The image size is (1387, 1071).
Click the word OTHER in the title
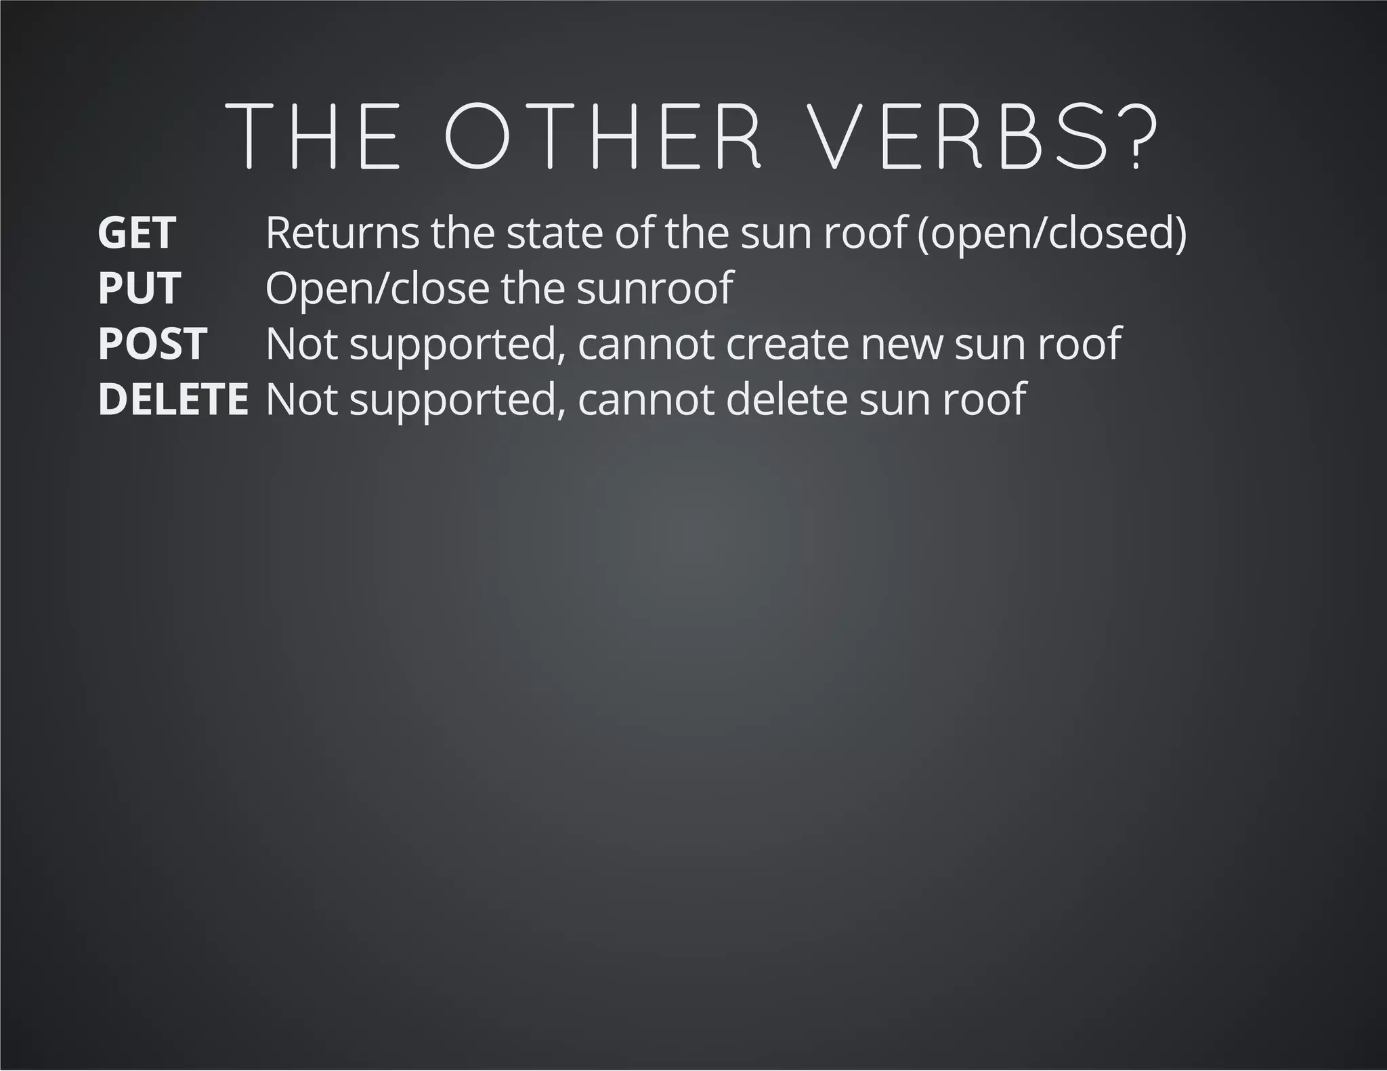click(x=603, y=136)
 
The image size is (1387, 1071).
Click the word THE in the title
click(x=312, y=136)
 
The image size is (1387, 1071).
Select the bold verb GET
click(x=137, y=233)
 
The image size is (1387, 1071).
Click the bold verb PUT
click(x=139, y=288)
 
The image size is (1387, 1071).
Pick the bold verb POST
click(x=152, y=344)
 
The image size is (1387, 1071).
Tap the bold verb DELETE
click(x=173, y=399)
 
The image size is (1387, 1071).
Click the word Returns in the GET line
click(x=342, y=233)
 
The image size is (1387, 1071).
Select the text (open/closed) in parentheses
click(x=1051, y=233)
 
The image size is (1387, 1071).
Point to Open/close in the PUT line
click(x=377, y=288)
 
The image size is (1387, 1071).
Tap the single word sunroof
click(x=655, y=288)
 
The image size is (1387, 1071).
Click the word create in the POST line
click(x=787, y=344)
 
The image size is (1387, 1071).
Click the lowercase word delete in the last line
click(x=786, y=399)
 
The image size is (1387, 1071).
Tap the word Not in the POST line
click(x=301, y=344)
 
